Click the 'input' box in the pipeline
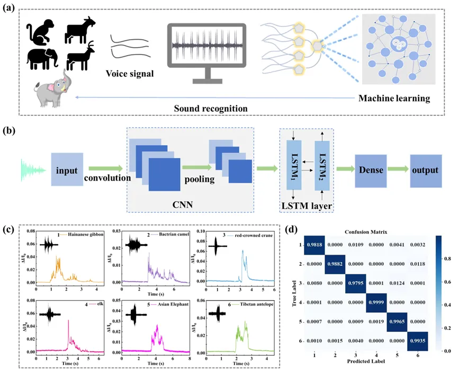(67, 170)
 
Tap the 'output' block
(425, 170)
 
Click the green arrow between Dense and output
(397, 170)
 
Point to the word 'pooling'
(199, 179)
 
